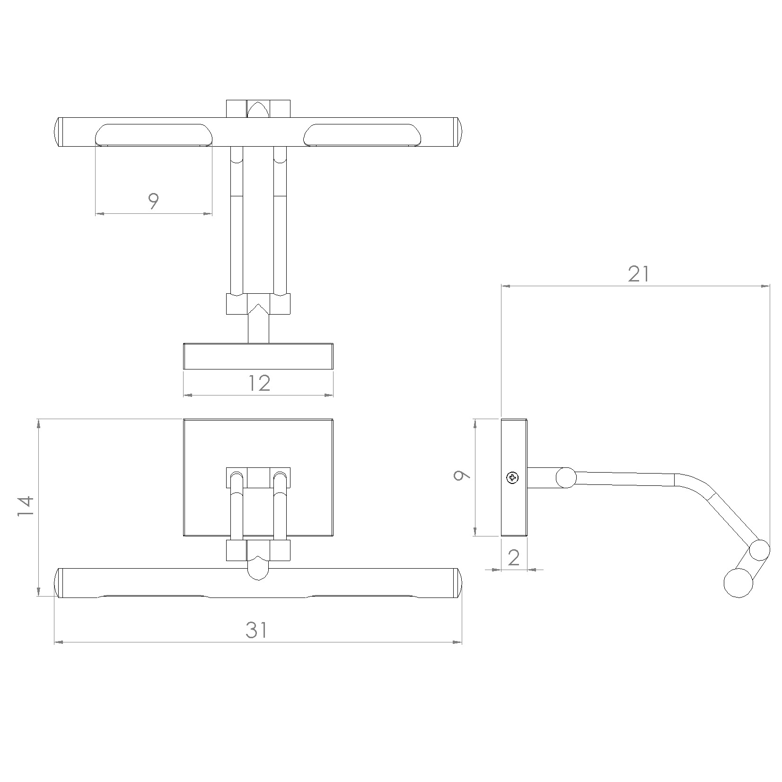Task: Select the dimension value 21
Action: click(639, 274)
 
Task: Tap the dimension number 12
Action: click(259, 383)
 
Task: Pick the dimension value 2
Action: click(514, 558)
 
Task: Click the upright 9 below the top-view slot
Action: click(153, 202)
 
